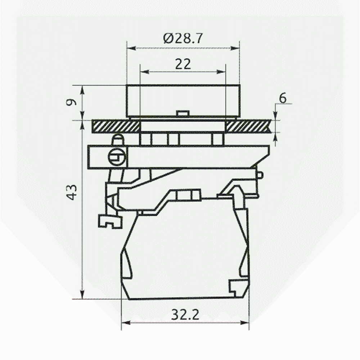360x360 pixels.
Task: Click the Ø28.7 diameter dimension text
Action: (x=183, y=39)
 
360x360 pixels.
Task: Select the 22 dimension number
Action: (x=183, y=64)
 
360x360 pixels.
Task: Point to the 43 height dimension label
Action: (x=72, y=192)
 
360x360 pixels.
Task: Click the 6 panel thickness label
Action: (x=283, y=98)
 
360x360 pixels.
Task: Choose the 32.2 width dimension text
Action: (x=185, y=315)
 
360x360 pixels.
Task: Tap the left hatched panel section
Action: (x=116, y=126)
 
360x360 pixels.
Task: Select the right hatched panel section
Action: (x=249, y=126)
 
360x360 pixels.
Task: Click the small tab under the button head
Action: (x=183, y=113)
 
